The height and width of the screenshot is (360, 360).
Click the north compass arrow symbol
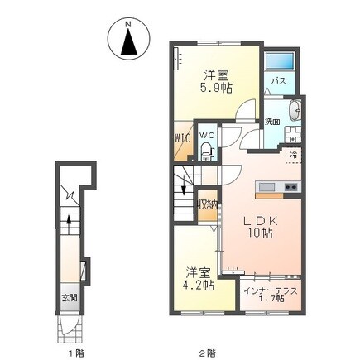coord(128,41)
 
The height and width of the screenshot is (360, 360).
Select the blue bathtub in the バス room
coord(281,61)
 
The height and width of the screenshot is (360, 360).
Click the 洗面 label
coord(272,122)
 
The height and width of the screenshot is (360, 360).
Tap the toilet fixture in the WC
coord(207,150)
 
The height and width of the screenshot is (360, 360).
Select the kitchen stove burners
coord(291,188)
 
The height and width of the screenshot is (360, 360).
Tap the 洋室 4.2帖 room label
coord(199,279)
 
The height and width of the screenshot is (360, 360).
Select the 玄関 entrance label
coord(69,299)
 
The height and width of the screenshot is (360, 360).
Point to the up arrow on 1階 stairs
coord(70,221)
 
